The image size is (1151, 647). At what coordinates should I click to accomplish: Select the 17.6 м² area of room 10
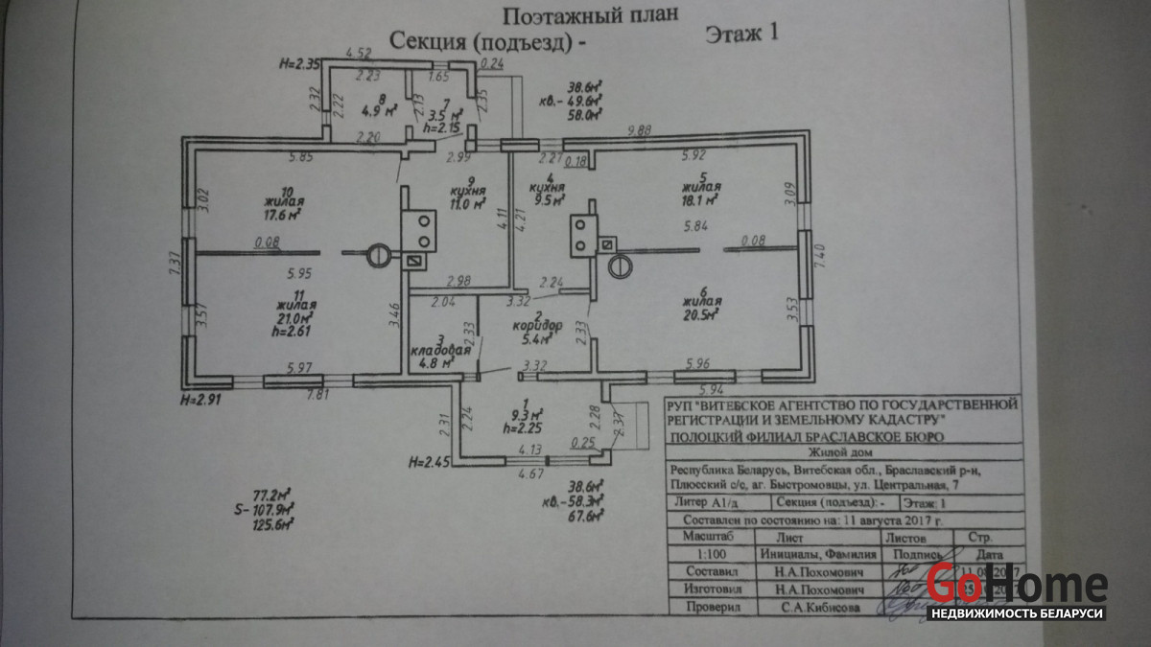click(x=283, y=215)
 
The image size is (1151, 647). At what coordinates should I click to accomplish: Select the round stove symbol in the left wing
click(x=379, y=254)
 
